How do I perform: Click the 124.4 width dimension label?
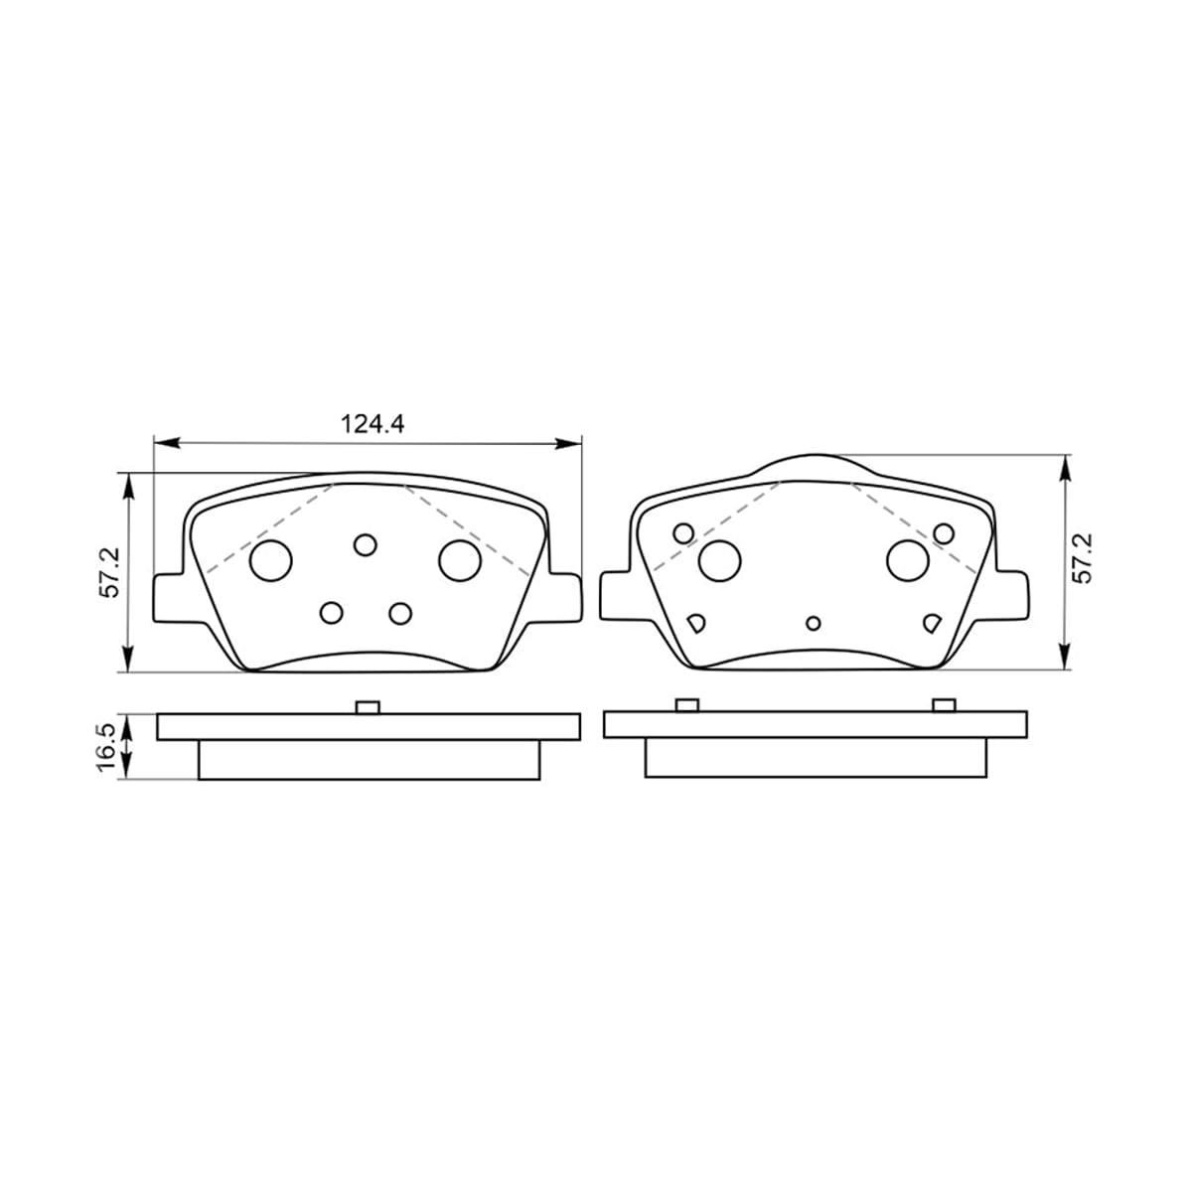[x=372, y=424]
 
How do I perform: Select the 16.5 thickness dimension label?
[x=106, y=748]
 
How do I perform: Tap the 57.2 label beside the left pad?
[x=109, y=573]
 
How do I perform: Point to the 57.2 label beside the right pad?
[x=1083, y=558]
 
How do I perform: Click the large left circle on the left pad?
[x=271, y=560]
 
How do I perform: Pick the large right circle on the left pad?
[x=460, y=560]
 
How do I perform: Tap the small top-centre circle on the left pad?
[x=365, y=544]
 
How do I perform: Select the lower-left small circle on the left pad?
[x=332, y=613]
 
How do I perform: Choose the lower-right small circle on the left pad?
[x=400, y=613]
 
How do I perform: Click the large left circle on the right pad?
[x=719, y=560]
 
